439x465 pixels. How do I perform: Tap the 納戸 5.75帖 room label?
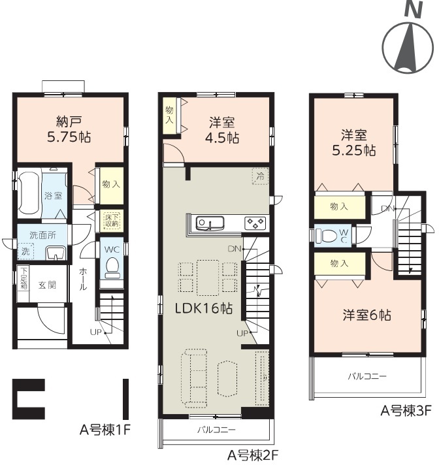tap(69, 129)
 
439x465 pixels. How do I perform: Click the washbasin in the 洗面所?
tap(56, 253)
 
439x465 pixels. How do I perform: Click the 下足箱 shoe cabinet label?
tap(24, 278)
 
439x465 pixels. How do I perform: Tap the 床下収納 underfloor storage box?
tap(112, 220)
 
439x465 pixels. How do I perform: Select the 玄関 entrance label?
tap(47, 285)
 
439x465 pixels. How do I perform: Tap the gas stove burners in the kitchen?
tap(255, 223)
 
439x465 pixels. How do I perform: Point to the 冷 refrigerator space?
tap(260, 176)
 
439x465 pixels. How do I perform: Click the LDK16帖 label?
tap(203, 308)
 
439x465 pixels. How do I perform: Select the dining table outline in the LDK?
tap(208, 278)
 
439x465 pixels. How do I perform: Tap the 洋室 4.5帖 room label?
tap(222, 130)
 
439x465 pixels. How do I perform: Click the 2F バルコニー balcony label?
tap(216, 430)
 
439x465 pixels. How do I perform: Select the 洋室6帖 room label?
tap(367, 315)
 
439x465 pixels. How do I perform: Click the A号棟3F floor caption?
tap(406, 411)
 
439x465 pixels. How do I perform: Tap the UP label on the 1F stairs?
tap(96, 332)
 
